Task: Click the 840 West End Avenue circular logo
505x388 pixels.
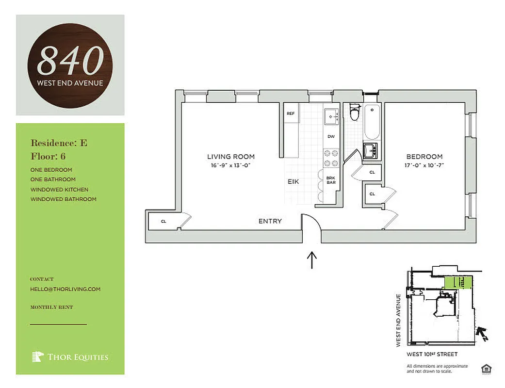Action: coord(70,65)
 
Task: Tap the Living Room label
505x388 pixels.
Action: coord(231,157)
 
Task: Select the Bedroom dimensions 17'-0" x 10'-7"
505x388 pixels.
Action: coord(424,165)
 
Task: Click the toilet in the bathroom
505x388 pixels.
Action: coord(354,113)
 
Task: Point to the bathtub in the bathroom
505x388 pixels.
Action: coord(372,122)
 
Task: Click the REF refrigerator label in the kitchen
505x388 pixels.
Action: coord(291,113)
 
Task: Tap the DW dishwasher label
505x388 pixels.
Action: coord(331,137)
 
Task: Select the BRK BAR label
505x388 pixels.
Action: coord(331,180)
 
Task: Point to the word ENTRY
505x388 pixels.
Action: coord(270,221)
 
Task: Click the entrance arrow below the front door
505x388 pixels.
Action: coord(312,260)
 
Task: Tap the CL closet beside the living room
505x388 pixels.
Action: coord(163,222)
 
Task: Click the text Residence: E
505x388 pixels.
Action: coord(59,143)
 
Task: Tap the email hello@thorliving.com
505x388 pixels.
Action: coord(65,289)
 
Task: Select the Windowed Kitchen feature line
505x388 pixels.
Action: coord(59,190)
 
